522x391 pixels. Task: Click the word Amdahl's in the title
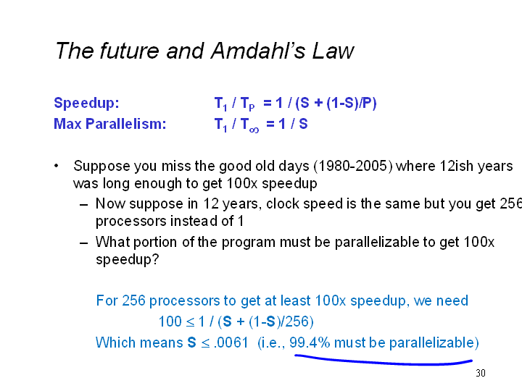click(x=258, y=51)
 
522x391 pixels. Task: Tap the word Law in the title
click(x=333, y=51)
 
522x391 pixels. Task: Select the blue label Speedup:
click(x=86, y=103)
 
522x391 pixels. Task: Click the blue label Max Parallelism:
click(x=110, y=124)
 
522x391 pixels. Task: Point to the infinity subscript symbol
click(x=254, y=130)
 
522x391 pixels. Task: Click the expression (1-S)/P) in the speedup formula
click(x=352, y=103)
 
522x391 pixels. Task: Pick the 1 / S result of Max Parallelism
click(x=293, y=124)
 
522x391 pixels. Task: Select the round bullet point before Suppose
click(x=57, y=165)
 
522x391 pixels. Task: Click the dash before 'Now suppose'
click(x=83, y=204)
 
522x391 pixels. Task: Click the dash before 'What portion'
click(x=83, y=243)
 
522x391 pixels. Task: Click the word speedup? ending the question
click(x=127, y=260)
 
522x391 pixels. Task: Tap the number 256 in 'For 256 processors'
click(x=134, y=300)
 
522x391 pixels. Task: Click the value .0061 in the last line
click(x=231, y=342)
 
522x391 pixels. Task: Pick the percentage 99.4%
click(x=310, y=342)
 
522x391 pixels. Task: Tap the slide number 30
click(x=481, y=373)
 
